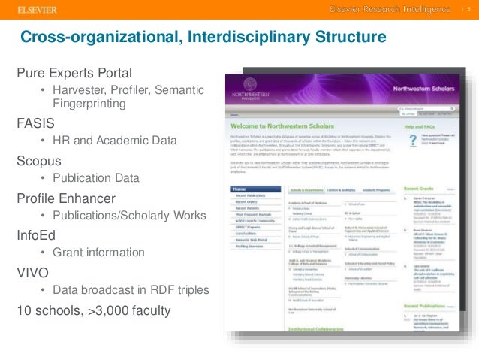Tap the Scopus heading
[38, 160]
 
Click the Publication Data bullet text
[95, 178]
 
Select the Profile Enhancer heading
[66, 198]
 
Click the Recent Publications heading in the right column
[428, 307]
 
